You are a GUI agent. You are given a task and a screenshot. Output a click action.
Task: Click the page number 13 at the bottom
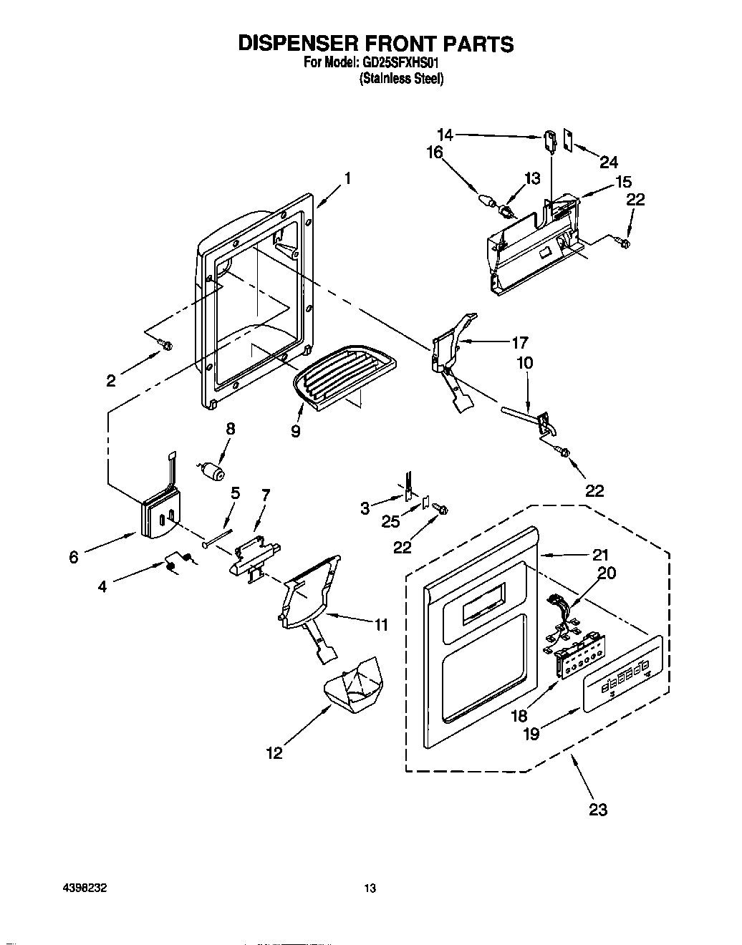tap(370, 889)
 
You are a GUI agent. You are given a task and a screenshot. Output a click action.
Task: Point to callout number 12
tap(274, 752)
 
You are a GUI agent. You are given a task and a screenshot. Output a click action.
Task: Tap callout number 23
tap(597, 809)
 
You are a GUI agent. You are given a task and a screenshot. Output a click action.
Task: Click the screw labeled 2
tap(166, 346)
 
